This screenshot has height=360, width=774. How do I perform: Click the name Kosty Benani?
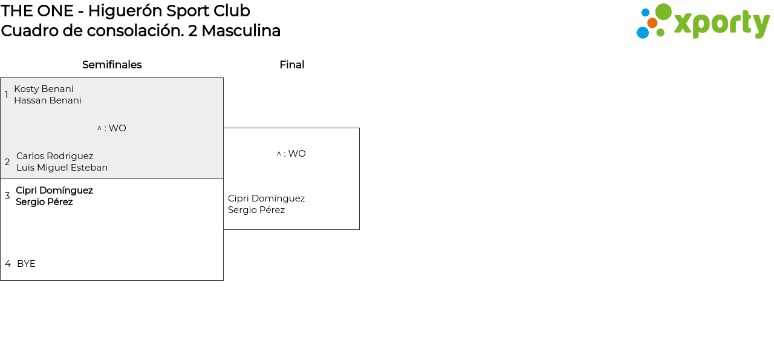pos(44,89)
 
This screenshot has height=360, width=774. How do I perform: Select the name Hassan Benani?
pos(47,100)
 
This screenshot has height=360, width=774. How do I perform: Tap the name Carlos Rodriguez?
pos(54,156)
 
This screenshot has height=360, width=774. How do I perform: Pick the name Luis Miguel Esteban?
pos(62,168)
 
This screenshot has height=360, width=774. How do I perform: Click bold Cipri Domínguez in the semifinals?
pos(54,191)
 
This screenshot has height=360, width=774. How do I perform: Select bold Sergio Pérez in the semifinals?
pos(44,202)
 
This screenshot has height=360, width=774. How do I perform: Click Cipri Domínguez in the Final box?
pos(266,198)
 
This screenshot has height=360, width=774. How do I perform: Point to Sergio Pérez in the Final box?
pos(256,210)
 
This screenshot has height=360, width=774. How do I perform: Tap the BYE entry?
pos(26,264)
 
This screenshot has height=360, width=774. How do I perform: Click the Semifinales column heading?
pos(112,65)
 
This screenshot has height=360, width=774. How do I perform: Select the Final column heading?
pos(291,65)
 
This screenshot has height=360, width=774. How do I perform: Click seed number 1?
pos(7,95)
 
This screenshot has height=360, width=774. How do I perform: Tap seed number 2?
pos(7,162)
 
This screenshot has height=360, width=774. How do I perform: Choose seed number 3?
pos(7,196)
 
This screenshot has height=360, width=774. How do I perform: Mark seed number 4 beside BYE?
pos(8,264)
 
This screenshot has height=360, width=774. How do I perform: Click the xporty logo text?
pos(721,24)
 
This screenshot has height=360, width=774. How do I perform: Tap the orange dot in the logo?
pos(652,23)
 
